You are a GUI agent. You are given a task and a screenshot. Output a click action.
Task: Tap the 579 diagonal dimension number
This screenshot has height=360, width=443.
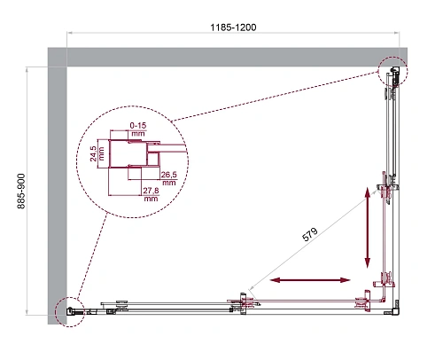(x=312, y=239)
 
